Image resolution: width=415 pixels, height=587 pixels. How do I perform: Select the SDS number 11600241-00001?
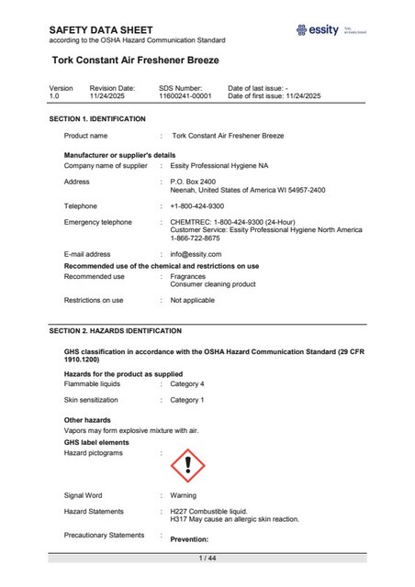(x=185, y=95)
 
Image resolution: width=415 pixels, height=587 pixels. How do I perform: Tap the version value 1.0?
(x=53, y=95)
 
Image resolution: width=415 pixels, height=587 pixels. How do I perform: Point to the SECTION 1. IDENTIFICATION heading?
(x=97, y=119)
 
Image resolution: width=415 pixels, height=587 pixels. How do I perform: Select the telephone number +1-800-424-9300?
(x=196, y=206)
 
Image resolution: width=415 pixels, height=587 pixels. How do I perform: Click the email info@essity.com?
(x=196, y=253)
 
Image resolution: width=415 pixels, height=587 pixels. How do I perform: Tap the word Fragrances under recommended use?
(x=188, y=276)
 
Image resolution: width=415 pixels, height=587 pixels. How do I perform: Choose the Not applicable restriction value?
(x=192, y=300)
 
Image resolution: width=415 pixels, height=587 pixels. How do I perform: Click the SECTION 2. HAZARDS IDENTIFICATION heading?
(x=115, y=330)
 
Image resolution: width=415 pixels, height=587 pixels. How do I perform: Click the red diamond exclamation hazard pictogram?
(x=188, y=466)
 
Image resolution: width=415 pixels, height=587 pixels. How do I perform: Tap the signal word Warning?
(x=184, y=495)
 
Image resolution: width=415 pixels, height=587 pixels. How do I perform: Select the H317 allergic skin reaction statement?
(x=234, y=519)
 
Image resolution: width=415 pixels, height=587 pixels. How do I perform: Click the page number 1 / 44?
(x=207, y=559)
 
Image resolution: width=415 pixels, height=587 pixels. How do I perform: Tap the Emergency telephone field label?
(x=97, y=222)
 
